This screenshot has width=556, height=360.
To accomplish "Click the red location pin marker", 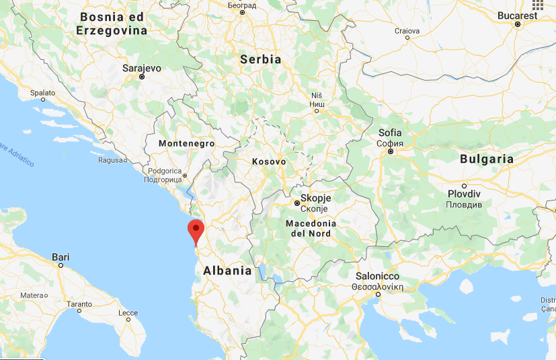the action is pos(196,230).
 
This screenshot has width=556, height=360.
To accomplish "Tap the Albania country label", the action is pos(223,271).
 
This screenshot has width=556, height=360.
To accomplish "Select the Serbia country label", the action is pos(260,59).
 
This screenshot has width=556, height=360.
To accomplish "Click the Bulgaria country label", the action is pos(487,159).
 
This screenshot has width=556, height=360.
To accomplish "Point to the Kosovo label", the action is pos(269,162).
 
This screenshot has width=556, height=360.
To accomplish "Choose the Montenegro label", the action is pos(186,143).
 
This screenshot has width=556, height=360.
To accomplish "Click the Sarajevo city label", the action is pos(143,68).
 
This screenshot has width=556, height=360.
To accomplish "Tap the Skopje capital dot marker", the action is pos(296,203).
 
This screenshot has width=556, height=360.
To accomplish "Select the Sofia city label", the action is pos(390,133).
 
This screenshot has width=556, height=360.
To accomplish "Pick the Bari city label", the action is pos(61,256).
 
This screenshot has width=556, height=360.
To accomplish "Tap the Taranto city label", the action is pos(79,304).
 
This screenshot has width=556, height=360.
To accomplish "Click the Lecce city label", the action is pos(128,313).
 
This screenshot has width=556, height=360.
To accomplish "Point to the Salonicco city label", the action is pos(378,277).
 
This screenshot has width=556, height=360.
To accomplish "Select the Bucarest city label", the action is pos(518,15).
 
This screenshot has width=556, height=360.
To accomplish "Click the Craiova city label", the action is pos(407,31).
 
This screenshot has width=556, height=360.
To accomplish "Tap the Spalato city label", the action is pos(43,93).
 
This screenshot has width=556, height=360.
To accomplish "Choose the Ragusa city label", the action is pos(110,160).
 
